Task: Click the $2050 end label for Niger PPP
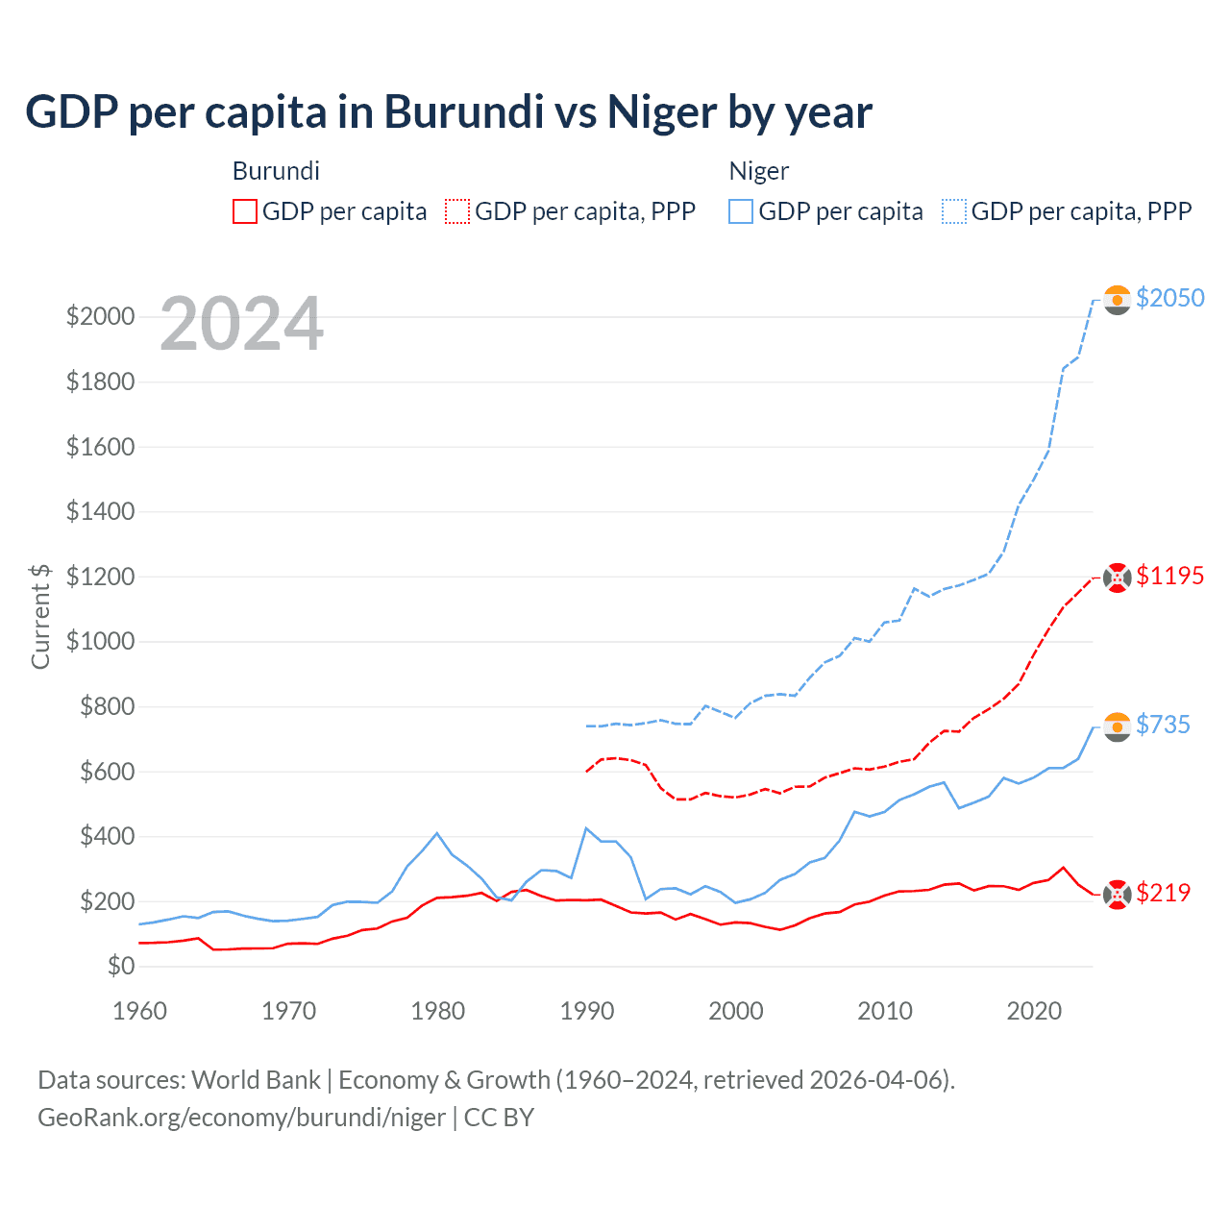pos(1169,298)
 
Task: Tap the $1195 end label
pos(1169,576)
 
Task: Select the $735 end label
pos(1163,725)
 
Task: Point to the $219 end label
pos(1163,893)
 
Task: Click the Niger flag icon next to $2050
pos(1117,300)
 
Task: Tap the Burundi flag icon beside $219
pos(1117,895)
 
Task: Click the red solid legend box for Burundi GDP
pos(245,211)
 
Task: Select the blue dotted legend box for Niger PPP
pos(954,211)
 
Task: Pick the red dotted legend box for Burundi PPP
pos(457,211)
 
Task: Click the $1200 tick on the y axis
pos(100,577)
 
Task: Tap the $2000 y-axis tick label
pos(100,316)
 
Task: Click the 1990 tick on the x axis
pos(586,1011)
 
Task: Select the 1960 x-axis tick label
pos(140,1011)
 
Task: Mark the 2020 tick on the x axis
pos(1034,1011)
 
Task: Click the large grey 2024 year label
pos(241,324)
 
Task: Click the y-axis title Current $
pos(40,616)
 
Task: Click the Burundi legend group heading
pos(276,171)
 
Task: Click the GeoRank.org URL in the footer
pos(241,1118)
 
